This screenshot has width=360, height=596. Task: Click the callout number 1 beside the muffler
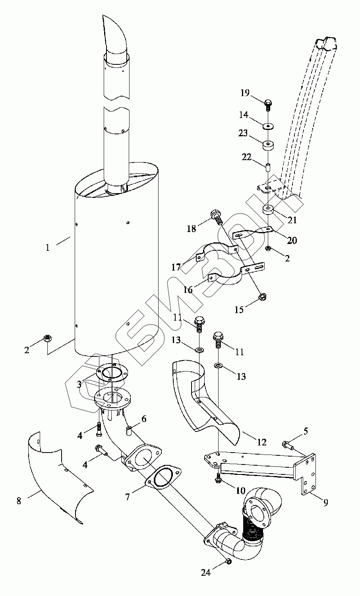(x=48, y=248)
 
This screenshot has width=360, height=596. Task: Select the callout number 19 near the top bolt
(x=245, y=93)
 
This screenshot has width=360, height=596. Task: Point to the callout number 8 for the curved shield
(x=19, y=501)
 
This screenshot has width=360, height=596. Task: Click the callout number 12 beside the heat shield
(x=262, y=443)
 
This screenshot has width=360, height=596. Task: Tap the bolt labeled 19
(x=268, y=105)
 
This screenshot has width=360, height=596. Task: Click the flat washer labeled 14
(x=268, y=126)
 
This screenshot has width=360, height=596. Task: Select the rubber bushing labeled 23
(x=269, y=145)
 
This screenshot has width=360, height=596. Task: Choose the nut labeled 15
(x=263, y=296)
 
